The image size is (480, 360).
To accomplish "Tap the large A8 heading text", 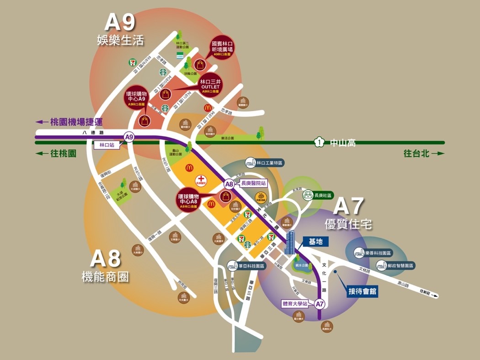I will pyautogui.click(x=106, y=259).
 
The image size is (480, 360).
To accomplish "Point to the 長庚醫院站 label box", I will pyautogui.click(x=253, y=183).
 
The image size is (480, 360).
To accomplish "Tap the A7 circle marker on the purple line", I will pyautogui.click(x=320, y=303).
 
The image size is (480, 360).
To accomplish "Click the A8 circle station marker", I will pyautogui.click(x=229, y=184).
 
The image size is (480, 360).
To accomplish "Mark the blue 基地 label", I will pyautogui.click(x=316, y=241).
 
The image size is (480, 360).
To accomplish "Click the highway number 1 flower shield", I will pyautogui.click(x=319, y=142).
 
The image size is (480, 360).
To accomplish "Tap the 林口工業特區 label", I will pyautogui.click(x=270, y=162).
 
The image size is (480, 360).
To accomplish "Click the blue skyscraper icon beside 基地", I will pyautogui.click(x=290, y=243).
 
